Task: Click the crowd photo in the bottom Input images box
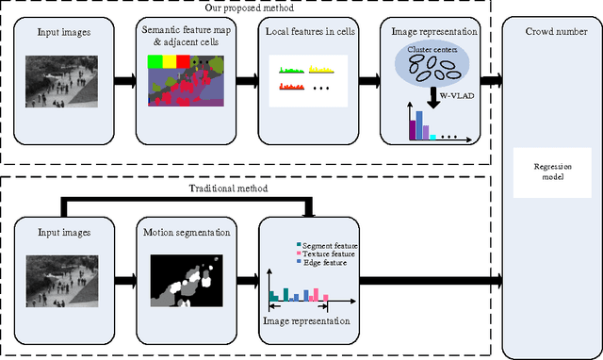62,280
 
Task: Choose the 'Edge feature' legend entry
322,264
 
